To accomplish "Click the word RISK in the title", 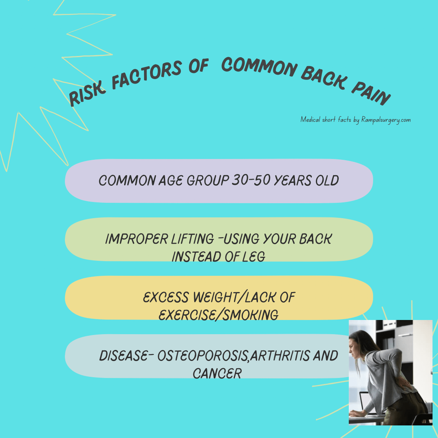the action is [87, 94].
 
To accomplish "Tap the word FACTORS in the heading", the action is [147, 75].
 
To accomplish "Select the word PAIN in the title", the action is [371, 93].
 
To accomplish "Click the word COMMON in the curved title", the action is [259, 67].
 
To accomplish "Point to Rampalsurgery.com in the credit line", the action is [386, 120].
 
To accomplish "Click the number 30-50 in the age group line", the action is [251, 180].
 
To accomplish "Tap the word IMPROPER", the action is [137, 239].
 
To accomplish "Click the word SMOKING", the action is [251, 315].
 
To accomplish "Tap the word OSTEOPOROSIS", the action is [203, 356].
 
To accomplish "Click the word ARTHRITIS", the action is [279, 356].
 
